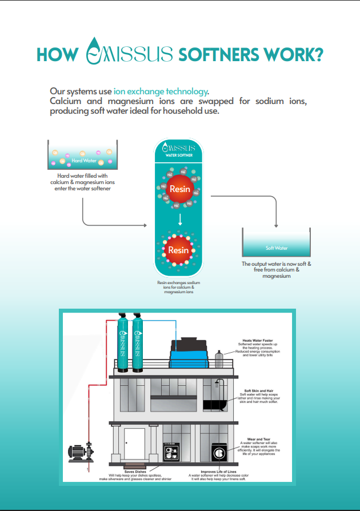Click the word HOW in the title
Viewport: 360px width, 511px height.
point(57,54)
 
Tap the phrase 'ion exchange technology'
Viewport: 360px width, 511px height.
point(160,91)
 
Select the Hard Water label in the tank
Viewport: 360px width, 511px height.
point(83,161)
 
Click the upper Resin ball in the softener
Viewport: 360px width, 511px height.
point(179,189)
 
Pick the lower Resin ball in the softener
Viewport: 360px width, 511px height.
point(178,250)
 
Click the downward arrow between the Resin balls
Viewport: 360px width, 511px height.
point(179,219)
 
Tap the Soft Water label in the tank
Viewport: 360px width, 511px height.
point(277,248)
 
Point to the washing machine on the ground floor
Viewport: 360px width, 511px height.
point(219,452)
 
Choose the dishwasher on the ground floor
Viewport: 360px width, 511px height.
point(171,452)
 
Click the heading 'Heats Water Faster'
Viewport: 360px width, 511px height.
point(255,340)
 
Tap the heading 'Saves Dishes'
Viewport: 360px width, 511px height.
point(135,472)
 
